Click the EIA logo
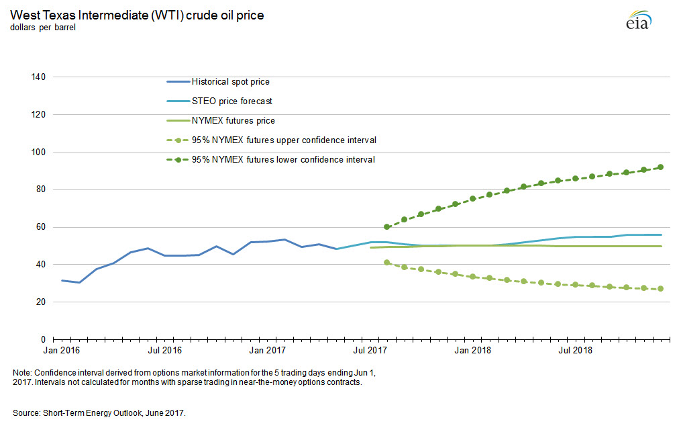pyautogui.click(x=638, y=21)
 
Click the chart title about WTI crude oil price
pyautogui.click(x=136, y=15)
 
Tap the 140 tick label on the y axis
pyautogui.click(x=38, y=77)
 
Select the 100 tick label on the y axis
pyautogui.click(x=38, y=153)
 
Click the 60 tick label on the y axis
pyautogui.click(x=40, y=227)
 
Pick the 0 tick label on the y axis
pyautogui.click(x=42, y=340)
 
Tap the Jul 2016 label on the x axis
pyautogui.click(x=164, y=351)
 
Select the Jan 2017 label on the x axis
pyautogui.click(x=268, y=351)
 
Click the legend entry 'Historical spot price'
pyautogui.click(x=230, y=82)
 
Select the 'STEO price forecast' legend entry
pyautogui.click(x=231, y=101)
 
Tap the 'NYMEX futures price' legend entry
pyautogui.click(x=233, y=121)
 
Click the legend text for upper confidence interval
pyautogui.click(x=283, y=140)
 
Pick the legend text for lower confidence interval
pyautogui.click(x=283, y=160)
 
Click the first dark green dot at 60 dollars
pyautogui.click(x=387, y=227)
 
